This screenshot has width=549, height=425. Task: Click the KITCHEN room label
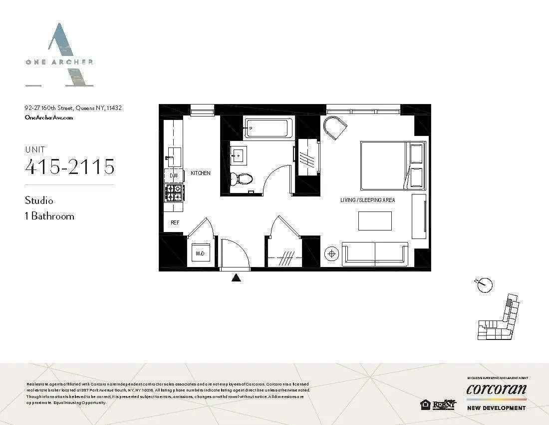click(x=201, y=173)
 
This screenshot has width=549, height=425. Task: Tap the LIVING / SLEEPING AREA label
click(x=367, y=200)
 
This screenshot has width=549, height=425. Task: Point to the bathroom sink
click(x=238, y=155)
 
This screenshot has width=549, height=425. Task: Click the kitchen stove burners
click(x=174, y=191)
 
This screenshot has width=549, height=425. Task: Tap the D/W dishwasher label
click(x=174, y=176)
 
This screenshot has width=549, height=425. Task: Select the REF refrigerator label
click(x=175, y=222)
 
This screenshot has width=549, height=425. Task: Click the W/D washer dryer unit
click(x=199, y=254)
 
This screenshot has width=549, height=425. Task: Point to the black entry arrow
click(x=237, y=277)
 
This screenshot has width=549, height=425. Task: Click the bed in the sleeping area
click(x=392, y=165)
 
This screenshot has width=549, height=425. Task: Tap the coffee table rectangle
click(x=375, y=220)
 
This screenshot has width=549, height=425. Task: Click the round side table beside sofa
click(x=331, y=254)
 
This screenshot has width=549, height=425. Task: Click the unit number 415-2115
click(x=70, y=166)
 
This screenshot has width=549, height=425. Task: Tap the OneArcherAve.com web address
click(x=49, y=117)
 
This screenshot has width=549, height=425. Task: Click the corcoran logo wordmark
click(x=496, y=389)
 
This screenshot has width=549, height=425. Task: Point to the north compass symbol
click(x=484, y=285)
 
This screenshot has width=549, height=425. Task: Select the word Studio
click(x=39, y=200)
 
